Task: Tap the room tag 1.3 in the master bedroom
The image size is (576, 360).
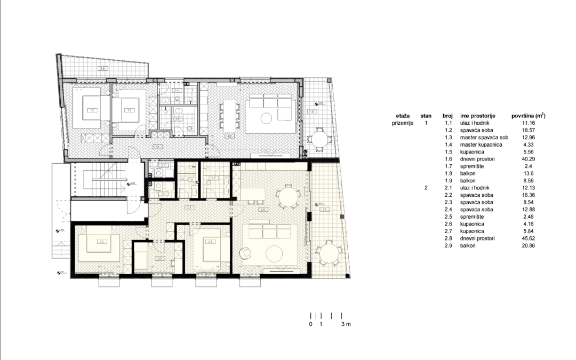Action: [x=129, y=110]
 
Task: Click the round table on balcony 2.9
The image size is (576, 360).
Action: [x=326, y=255]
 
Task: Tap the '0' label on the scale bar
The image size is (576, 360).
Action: [x=310, y=324]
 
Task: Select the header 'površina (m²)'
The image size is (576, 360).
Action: [x=529, y=115]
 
